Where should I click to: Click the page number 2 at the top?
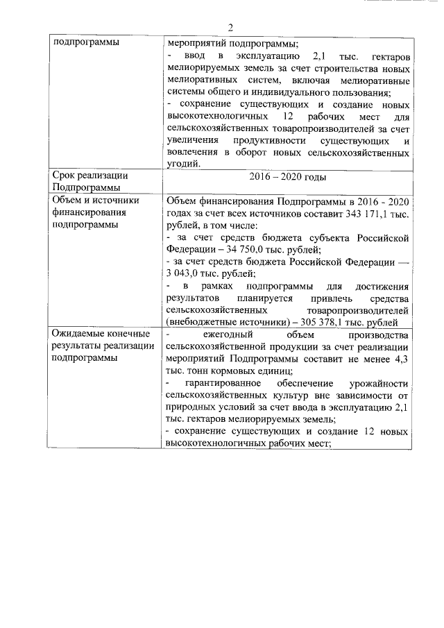pyautogui.click(x=230, y=28)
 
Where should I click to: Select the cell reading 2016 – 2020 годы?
pyautogui.click(x=287, y=177)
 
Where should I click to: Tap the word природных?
pyautogui.click(x=190, y=407)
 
